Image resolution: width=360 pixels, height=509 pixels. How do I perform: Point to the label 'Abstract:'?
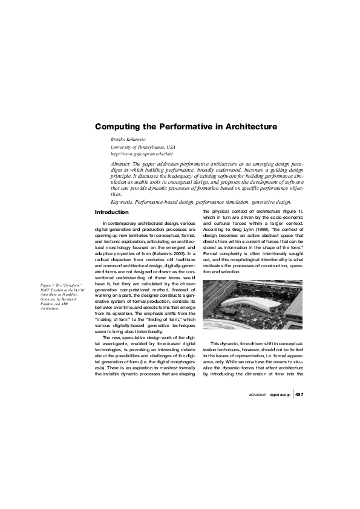point(122,164)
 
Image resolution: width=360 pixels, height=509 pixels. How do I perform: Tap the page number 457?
point(300,394)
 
